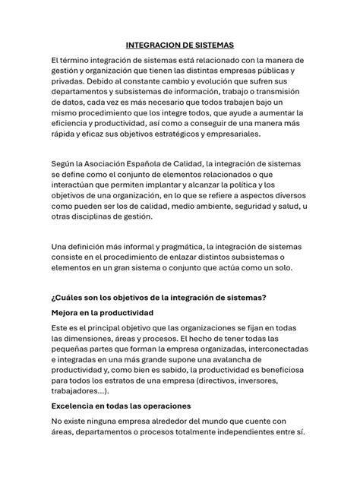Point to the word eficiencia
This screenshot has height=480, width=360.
[x=74, y=122]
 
